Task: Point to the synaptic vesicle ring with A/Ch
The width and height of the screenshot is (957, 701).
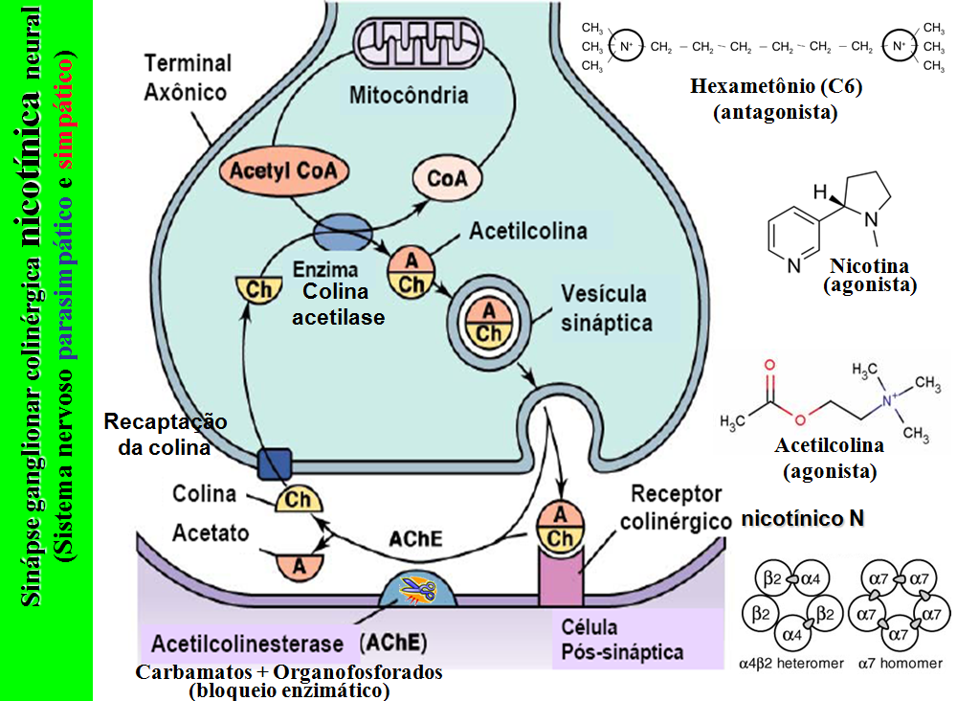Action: point(489,319)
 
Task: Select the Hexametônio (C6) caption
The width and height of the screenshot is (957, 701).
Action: point(776,87)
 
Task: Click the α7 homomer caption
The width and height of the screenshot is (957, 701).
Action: point(900,662)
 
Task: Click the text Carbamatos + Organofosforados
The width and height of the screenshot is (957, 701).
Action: point(290,671)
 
